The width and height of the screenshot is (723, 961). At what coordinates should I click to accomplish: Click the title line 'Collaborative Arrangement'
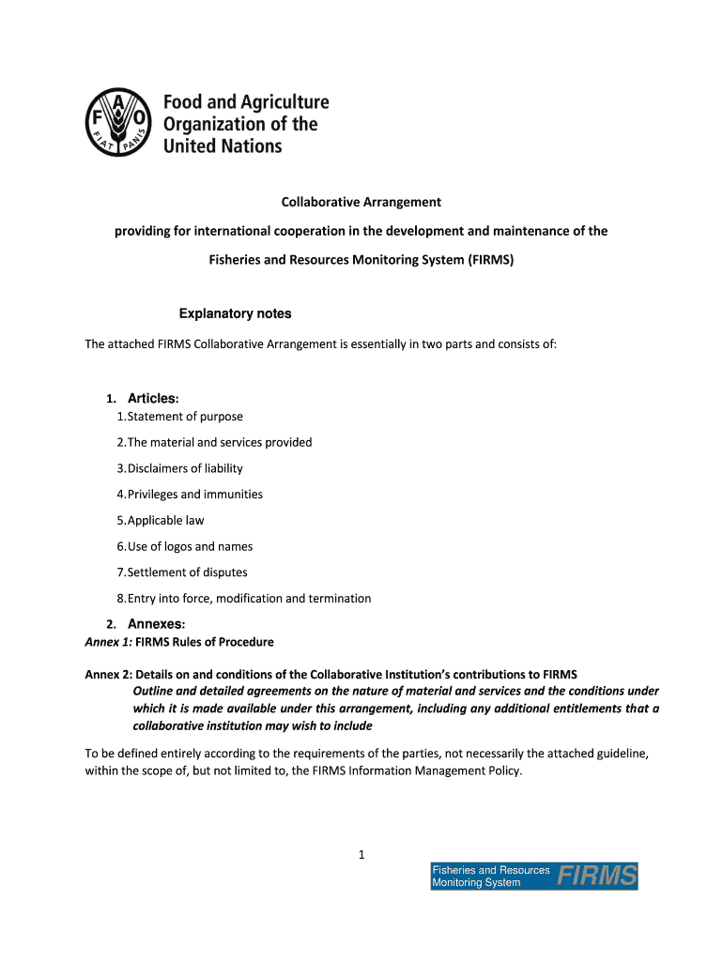click(x=361, y=202)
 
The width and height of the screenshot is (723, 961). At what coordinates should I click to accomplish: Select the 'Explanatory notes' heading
click(x=235, y=313)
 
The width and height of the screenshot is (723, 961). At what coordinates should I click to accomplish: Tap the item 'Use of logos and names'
click(x=190, y=546)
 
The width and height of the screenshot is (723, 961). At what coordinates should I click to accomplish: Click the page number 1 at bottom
click(x=361, y=853)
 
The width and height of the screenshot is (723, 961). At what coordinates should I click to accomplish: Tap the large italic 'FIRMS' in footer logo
click(x=596, y=877)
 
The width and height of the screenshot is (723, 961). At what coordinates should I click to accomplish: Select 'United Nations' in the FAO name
click(x=223, y=145)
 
